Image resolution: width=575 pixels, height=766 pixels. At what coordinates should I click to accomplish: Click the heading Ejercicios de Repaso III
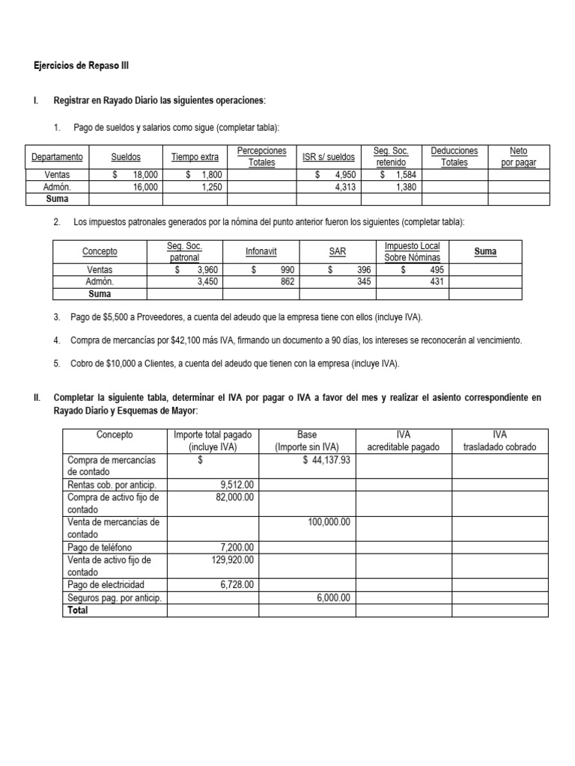[x=81, y=66]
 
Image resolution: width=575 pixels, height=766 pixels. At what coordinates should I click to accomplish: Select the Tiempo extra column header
[x=195, y=157]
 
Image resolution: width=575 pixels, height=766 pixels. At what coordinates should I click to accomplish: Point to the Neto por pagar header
[x=518, y=157]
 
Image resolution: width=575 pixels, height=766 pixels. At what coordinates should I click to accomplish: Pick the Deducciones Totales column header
[x=454, y=157]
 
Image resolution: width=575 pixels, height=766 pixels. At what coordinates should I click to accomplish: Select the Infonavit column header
[x=256, y=252]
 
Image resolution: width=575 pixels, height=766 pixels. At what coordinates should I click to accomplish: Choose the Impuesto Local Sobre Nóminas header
[x=412, y=252]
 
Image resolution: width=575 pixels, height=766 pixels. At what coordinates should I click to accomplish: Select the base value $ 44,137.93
[x=326, y=460]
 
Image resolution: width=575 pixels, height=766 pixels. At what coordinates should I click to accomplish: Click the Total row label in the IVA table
[x=77, y=610]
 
